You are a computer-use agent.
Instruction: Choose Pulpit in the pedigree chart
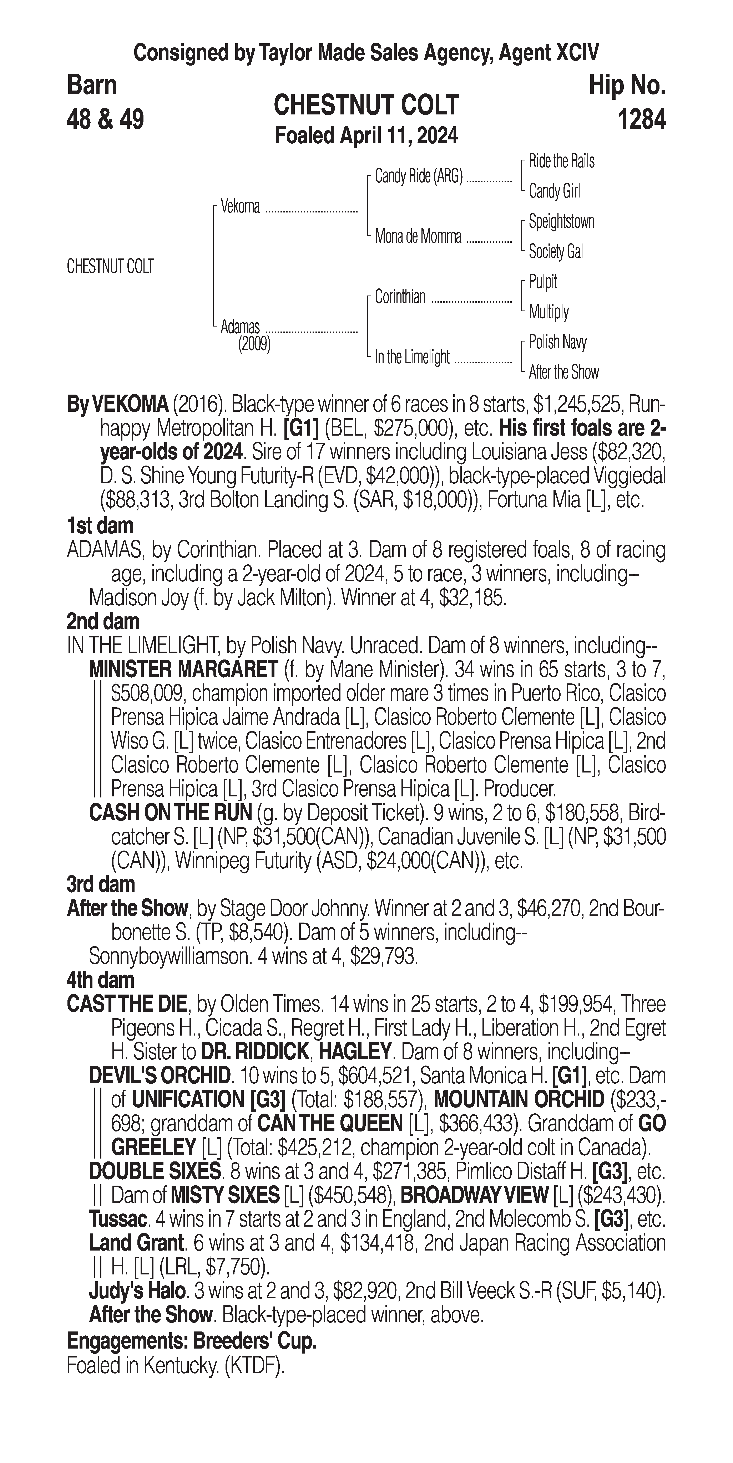pos(543,282)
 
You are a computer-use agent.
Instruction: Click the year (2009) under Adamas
pos(254,344)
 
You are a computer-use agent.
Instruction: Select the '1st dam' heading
pos(100,526)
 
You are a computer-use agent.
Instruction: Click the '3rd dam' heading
pos(101,884)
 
